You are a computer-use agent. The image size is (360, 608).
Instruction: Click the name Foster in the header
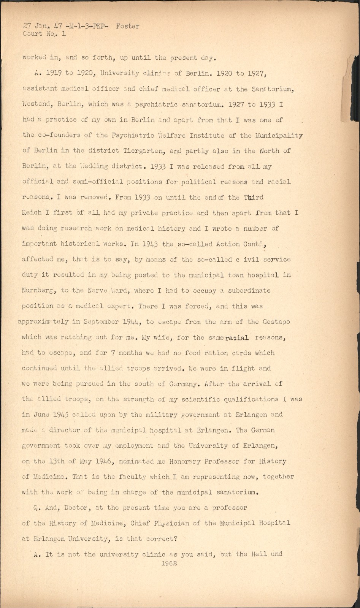click(x=128, y=26)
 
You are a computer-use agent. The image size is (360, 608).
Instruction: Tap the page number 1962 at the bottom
click(x=169, y=564)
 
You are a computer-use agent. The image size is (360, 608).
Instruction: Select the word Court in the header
click(x=33, y=34)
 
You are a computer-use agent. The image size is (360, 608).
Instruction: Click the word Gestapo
click(x=276, y=321)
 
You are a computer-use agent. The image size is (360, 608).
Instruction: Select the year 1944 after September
click(x=132, y=321)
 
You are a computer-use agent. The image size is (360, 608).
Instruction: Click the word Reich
click(x=32, y=213)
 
